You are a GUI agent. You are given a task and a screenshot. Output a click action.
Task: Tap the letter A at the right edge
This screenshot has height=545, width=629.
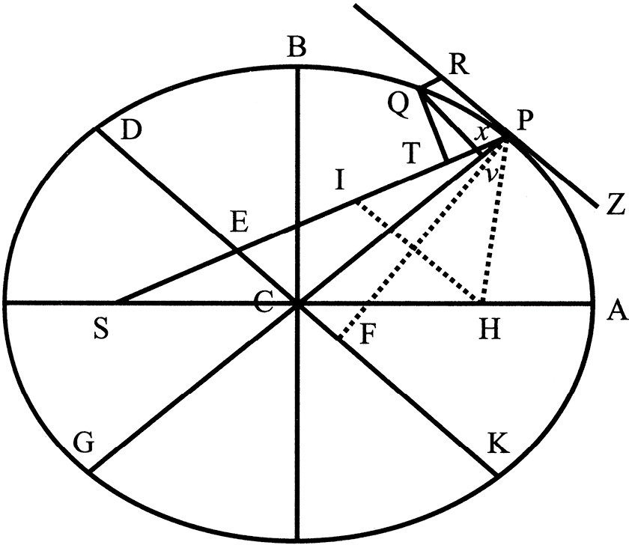[616, 311]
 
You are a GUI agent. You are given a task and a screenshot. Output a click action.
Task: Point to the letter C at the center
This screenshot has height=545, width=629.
[264, 302]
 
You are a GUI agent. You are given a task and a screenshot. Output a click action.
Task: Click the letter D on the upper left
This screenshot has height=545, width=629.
[131, 130]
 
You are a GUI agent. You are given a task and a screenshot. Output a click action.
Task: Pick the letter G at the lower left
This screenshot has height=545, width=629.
[84, 443]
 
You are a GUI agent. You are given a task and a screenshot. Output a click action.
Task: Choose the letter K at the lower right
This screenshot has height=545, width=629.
[498, 442]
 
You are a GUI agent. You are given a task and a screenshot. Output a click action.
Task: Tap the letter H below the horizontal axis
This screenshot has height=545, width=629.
[490, 329]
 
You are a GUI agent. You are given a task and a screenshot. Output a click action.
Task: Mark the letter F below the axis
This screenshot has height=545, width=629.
[367, 335]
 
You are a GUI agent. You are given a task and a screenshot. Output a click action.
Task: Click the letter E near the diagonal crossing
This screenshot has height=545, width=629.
[240, 222]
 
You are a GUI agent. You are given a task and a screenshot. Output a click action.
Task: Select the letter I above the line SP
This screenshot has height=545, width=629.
[340, 179]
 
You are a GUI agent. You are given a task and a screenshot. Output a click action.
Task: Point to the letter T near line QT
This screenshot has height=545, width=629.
[412, 153]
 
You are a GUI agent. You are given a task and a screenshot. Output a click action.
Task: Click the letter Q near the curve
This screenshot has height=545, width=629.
[399, 105]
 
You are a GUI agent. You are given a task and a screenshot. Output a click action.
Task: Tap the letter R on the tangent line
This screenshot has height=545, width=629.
[459, 65]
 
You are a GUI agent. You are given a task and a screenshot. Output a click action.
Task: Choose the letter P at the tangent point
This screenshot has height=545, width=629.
[525, 121]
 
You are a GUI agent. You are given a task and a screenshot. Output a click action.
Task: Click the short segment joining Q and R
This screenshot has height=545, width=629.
[431, 83]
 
